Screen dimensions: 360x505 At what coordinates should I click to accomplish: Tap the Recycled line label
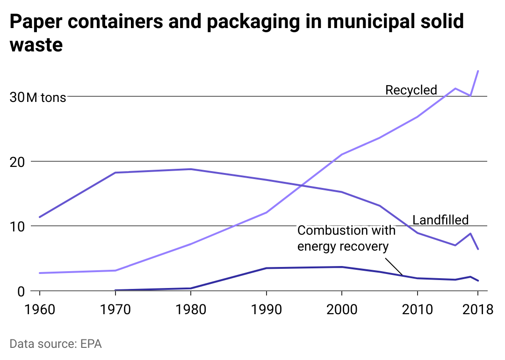pyautogui.click(x=411, y=90)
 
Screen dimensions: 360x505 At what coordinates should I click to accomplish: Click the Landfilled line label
pyautogui.click(x=440, y=220)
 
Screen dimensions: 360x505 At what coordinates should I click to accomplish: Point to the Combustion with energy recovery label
pyautogui.click(x=346, y=238)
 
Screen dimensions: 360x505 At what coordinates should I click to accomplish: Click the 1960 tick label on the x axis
pyautogui.click(x=39, y=310)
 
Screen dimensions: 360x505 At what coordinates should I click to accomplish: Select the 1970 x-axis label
pyautogui.click(x=115, y=310)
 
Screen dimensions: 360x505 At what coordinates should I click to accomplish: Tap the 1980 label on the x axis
pyautogui.click(x=191, y=310)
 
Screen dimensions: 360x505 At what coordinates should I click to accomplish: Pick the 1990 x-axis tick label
pyautogui.click(x=266, y=310)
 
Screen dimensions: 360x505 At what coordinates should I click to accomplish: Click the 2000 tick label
pyautogui.click(x=342, y=310)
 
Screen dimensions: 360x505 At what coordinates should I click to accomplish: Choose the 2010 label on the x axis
pyautogui.click(x=417, y=310)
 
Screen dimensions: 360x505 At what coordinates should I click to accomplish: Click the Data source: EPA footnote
pyautogui.click(x=56, y=344)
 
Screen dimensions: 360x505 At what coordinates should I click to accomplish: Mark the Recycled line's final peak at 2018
pyautogui.click(x=478, y=71)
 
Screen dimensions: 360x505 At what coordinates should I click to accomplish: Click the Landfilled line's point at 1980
pyautogui.click(x=191, y=169)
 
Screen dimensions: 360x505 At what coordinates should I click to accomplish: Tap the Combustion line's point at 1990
pyautogui.click(x=266, y=268)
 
